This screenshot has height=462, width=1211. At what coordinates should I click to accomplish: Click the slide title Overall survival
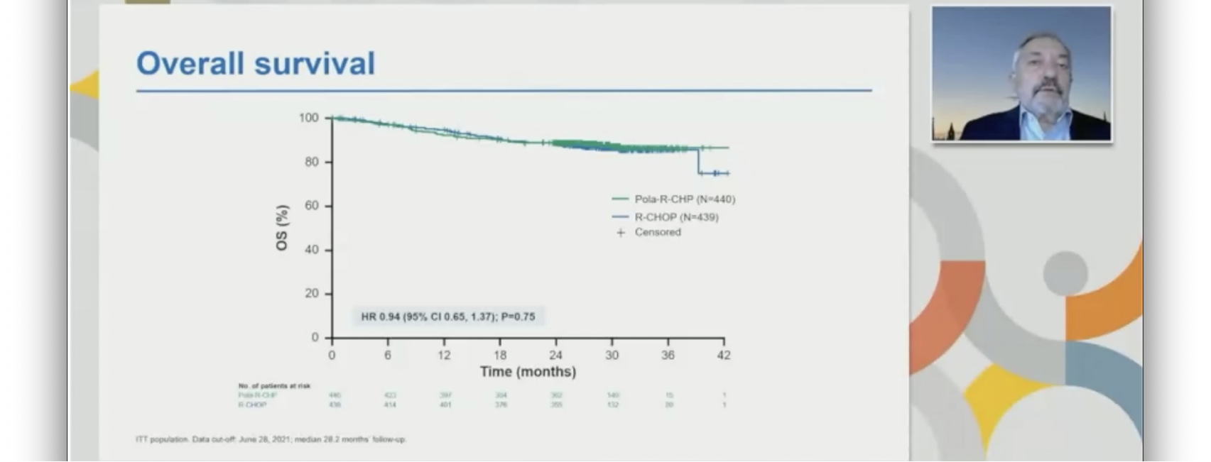256,63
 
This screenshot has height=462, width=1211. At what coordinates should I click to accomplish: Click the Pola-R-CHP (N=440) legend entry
684,199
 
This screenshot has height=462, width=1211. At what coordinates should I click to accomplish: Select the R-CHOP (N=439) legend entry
675,217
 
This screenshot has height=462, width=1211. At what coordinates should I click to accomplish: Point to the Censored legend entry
657,232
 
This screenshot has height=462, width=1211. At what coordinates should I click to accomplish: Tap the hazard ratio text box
448,317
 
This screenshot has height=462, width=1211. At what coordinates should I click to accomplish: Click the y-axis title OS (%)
282,227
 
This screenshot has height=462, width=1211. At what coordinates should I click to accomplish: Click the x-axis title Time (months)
528,372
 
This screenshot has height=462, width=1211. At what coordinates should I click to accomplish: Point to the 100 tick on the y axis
309,118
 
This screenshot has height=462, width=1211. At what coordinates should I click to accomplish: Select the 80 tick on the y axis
312,162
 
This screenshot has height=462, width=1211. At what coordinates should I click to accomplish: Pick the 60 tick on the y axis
312,206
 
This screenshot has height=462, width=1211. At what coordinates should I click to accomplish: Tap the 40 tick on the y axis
312,250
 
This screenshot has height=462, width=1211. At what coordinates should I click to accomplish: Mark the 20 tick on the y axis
312,294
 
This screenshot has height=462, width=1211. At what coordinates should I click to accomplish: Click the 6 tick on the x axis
388,355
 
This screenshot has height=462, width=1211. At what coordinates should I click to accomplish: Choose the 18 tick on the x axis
500,355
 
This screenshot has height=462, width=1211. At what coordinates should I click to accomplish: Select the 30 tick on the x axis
612,355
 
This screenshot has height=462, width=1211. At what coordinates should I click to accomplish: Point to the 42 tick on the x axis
723,355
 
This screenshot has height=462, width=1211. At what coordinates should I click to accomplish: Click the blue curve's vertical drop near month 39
699,161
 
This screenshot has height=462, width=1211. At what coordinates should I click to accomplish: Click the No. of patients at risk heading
274,386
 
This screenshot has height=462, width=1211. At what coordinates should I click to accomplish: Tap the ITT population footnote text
271,439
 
